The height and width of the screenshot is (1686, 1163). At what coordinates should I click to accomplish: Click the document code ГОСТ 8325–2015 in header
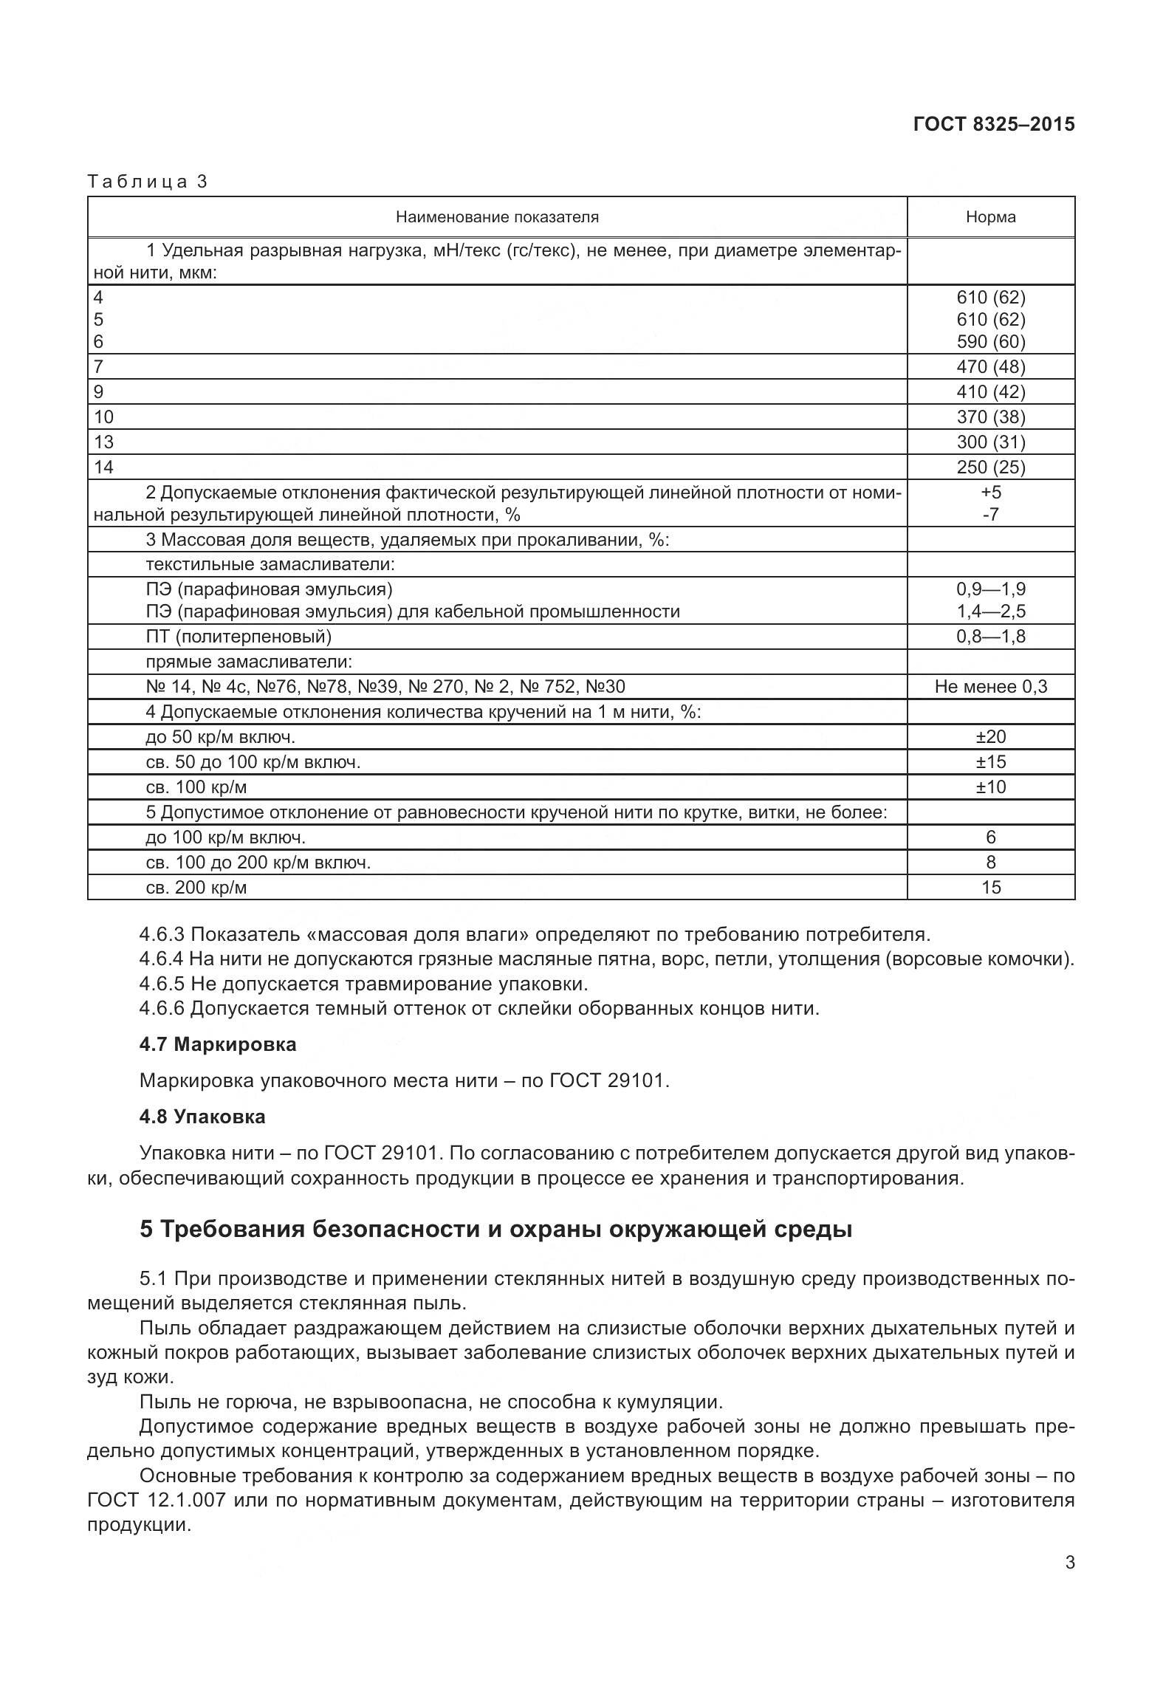click(x=993, y=124)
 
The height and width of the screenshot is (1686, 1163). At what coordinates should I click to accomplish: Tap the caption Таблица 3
click(x=148, y=182)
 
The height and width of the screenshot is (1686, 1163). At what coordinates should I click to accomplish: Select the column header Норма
click(x=990, y=217)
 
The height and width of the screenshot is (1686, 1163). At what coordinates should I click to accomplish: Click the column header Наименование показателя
click(x=497, y=217)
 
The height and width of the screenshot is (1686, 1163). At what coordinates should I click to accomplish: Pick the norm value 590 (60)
click(x=990, y=342)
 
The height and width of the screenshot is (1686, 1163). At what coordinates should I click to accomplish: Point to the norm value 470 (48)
click(x=990, y=367)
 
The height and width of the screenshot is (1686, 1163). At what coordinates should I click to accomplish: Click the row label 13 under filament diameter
click(x=104, y=442)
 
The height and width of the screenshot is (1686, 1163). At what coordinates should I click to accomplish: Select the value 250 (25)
click(x=990, y=467)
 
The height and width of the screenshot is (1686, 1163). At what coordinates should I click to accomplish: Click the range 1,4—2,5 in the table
click(x=990, y=611)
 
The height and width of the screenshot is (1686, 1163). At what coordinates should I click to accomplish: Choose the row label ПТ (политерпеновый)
click(x=239, y=637)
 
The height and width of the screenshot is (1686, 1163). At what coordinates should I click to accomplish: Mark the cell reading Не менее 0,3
click(x=990, y=687)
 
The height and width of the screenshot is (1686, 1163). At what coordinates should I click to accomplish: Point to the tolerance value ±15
click(x=990, y=762)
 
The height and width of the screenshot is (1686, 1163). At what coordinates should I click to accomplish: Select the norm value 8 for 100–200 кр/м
click(x=990, y=863)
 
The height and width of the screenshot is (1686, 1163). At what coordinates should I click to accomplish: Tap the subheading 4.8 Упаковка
click(x=202, y=1117)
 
